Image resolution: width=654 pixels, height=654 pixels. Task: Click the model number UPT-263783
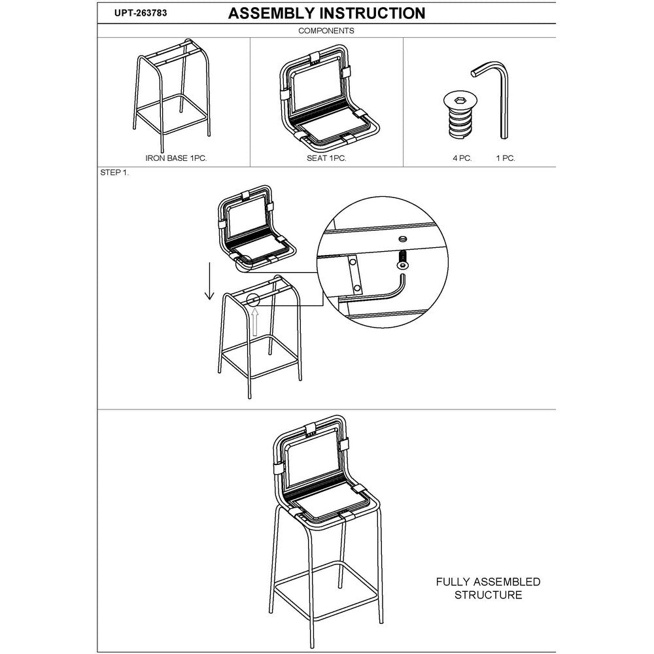(x=141, y=13)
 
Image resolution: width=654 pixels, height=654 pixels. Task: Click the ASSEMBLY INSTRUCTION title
(x=326, y=13)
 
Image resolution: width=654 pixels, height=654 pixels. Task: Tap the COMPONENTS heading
(x=326, y=31)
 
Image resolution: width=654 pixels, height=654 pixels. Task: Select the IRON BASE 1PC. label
(x=176, y=158)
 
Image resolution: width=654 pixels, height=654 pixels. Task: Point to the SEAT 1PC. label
(x=326, y=158)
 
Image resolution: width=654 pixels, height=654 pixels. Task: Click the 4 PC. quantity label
(x=462, y=158)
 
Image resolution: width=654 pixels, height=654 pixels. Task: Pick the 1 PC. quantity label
(x=506, y=158)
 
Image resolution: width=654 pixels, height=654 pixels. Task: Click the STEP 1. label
(x=114, y=173)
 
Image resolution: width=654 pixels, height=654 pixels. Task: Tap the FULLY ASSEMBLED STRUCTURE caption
(x=488, y=588)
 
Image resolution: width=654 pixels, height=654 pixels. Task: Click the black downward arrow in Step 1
(x=209, y=281)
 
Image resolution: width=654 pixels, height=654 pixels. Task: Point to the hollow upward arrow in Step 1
(x=255, y=321)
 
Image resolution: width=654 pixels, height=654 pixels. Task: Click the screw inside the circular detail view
(x=402, y=260)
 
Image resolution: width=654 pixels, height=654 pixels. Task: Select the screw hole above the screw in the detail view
(x=402, y=239)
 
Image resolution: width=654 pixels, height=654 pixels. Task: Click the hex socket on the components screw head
(x=460, y=99)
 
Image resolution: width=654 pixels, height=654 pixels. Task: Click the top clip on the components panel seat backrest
(x=316, y=58)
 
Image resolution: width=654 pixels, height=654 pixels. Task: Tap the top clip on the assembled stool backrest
(x=309, y=430)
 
